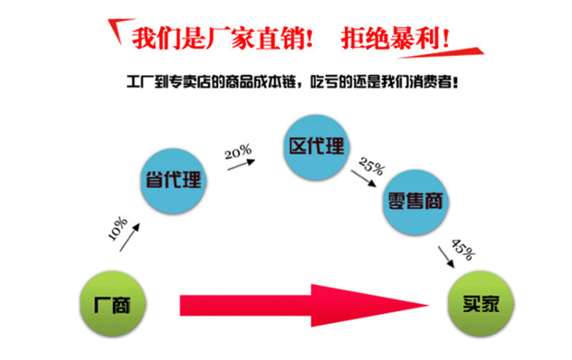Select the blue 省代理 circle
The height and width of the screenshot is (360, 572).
click(171, 181)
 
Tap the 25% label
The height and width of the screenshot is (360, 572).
click(371, 168)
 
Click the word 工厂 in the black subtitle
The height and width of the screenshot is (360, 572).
click(139, 82)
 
